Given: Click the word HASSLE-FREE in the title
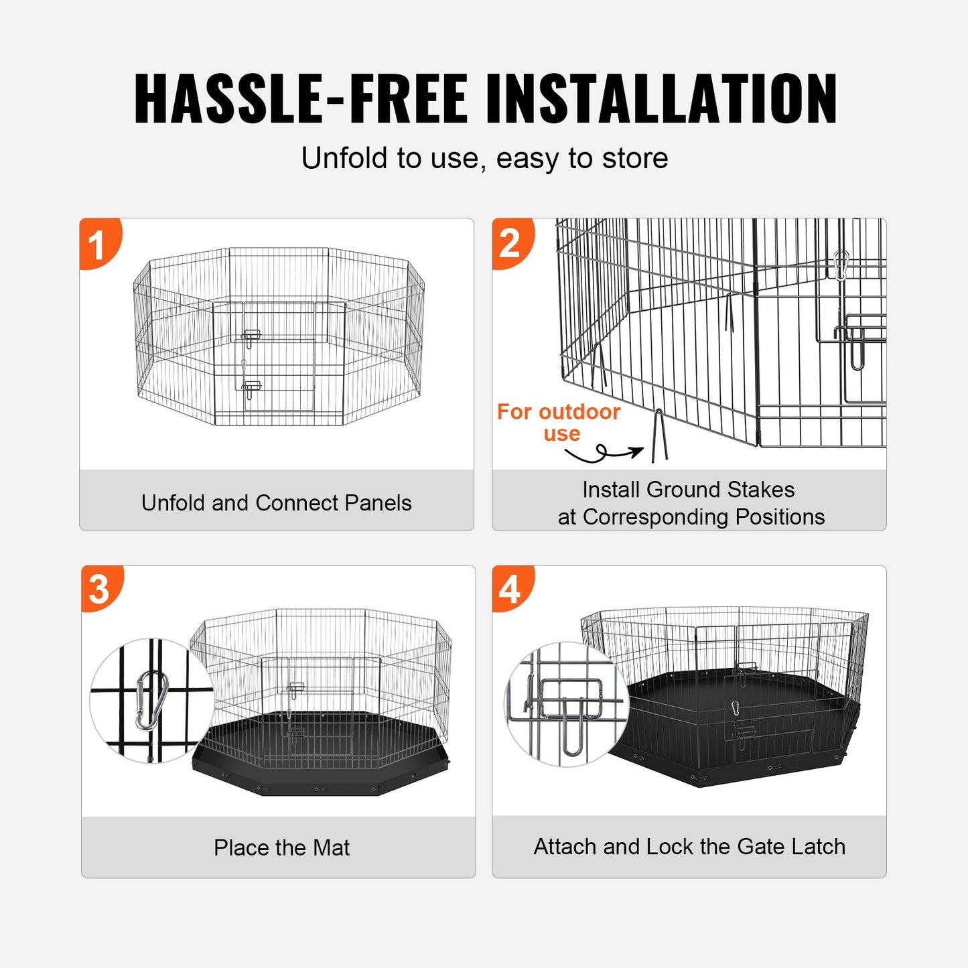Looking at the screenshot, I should tap(300, 98).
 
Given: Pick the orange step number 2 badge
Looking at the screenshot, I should tap(510, 243).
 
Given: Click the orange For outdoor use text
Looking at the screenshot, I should tap(559, 422).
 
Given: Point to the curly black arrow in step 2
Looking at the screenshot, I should tap(603, 454).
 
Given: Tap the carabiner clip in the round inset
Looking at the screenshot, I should tap(151, 700).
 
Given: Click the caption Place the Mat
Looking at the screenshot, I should tap(281, 847).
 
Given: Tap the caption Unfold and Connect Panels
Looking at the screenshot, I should tap(276, 503).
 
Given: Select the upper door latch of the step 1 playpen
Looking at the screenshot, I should tap(251, 336).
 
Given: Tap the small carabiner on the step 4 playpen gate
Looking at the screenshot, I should tap(735, 707).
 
